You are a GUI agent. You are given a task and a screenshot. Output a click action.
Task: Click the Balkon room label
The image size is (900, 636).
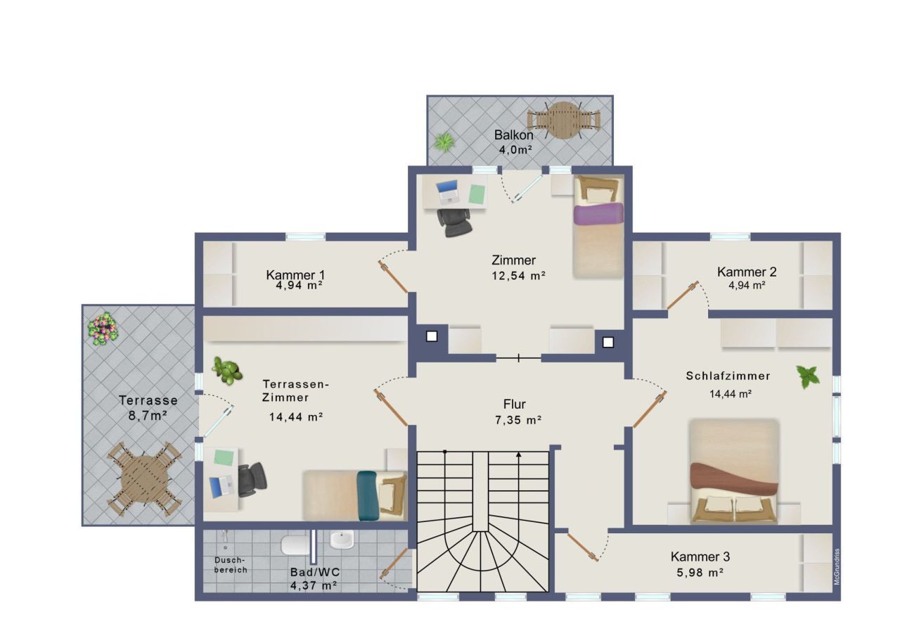pyautogui.click(x=513, y=134)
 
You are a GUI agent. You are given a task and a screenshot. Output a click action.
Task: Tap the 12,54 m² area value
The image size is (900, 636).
pyautogui.click(x=519, y=276)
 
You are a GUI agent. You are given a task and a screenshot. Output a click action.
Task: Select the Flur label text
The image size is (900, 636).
pyautogui.click(x=514, y=405)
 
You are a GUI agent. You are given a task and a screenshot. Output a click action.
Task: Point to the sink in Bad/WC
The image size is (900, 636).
pyautogui.click(x=342, y=540)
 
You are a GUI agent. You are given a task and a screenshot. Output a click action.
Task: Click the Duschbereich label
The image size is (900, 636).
pyautogui.click(x=231, y=565)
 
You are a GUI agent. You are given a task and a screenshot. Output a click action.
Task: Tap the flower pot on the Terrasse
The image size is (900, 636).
pyautogui.click(x=103, y=328)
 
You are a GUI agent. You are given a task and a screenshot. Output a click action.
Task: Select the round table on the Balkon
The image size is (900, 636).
pyautogui.click(x=562, y=120)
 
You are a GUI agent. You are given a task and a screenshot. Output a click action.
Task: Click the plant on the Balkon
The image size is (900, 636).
pyautogui.click(x=444, y=142)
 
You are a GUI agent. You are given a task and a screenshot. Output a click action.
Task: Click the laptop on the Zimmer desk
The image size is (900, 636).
pyautogui.click(x=447, y=190)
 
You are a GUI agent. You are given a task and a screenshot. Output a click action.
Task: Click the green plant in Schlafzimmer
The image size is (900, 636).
pyautogui.click(x=808, y=376)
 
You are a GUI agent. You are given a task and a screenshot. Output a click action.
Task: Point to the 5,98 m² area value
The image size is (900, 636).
pyautogui.click(x=697, y=573)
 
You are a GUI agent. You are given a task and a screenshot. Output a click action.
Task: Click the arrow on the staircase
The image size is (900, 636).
pyautogui.click(x=519, y=456)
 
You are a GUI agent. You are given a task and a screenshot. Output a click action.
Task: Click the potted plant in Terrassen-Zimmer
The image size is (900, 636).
pyautogui.click(x=227, y=370)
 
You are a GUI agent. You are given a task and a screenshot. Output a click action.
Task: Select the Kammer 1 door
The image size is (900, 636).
pyautogui.click(x=394, y=276)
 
